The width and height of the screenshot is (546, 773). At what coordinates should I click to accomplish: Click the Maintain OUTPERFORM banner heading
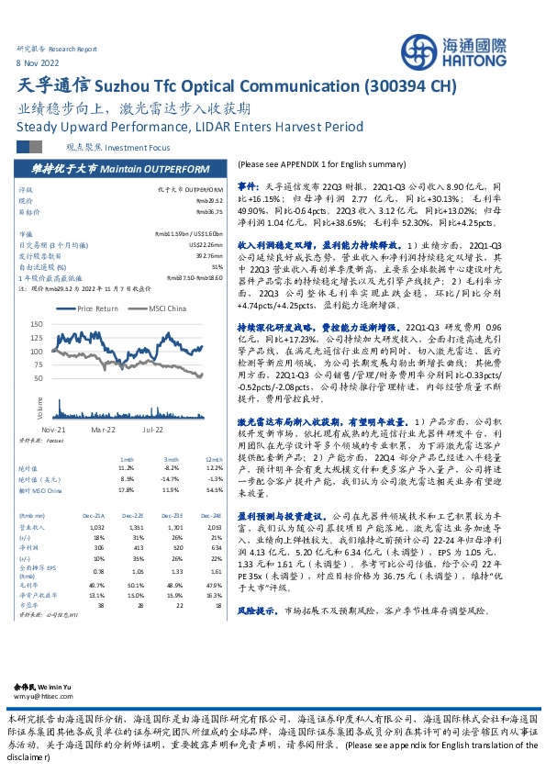pyautogui.click(x=117, y=170)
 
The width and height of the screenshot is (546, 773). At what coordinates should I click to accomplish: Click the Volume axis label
pyautogui.click(x=39, y=403)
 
